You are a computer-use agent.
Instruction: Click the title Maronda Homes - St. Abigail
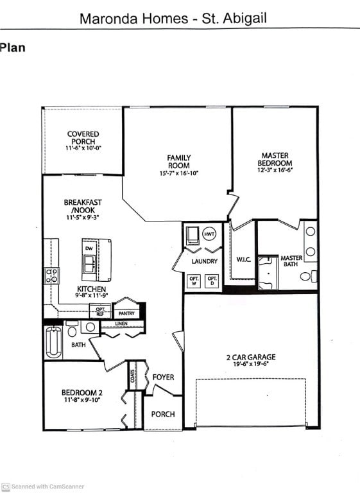(x=173, y=18)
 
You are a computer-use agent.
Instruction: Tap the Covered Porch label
(x=83, y=138)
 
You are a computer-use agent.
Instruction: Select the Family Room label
(x=179, y=162)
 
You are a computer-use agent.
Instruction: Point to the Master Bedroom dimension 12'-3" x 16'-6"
(x=275, y=171)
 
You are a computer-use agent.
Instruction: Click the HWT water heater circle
(x=209, y=235)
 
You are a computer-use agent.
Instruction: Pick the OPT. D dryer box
(x=212, y=281)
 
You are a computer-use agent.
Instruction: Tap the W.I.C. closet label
(x=243, y=260)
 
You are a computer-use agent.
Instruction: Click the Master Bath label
(x=291, y=261)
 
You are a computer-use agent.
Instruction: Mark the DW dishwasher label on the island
(x=89, y=248)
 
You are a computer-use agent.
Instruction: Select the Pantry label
(x=126, y=314)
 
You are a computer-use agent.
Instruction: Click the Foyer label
(x=163, y=377)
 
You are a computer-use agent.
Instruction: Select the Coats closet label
(x=133, y=375)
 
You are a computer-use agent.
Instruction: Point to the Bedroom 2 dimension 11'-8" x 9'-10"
(x=82, y=401)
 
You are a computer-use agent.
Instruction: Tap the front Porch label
(x=162, y=414)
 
